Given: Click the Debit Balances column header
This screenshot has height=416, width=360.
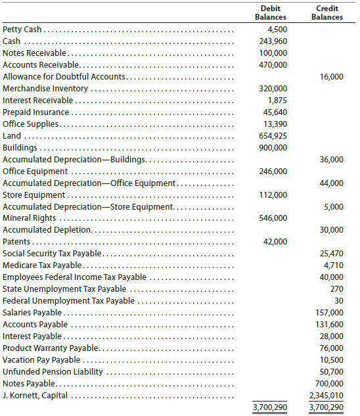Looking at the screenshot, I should point(270,12).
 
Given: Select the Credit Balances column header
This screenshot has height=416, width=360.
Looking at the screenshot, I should point(326,12).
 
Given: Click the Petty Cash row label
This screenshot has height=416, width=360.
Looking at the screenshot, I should point(23,29).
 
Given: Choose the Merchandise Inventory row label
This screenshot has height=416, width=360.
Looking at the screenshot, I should point(45,89).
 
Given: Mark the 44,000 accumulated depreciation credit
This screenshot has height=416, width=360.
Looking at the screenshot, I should point(331,183).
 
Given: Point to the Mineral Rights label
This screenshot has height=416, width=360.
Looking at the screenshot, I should point(31,218).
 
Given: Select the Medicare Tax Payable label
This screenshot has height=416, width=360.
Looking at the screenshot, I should point(42,266).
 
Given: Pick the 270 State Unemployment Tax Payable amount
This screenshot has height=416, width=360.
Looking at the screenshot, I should point(336,289).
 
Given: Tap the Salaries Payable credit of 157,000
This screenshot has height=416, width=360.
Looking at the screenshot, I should point(330,312).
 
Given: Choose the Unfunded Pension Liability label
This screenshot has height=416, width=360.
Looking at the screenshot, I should point(53,372).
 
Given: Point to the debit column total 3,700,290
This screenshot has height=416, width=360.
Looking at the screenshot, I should point(270,407).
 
